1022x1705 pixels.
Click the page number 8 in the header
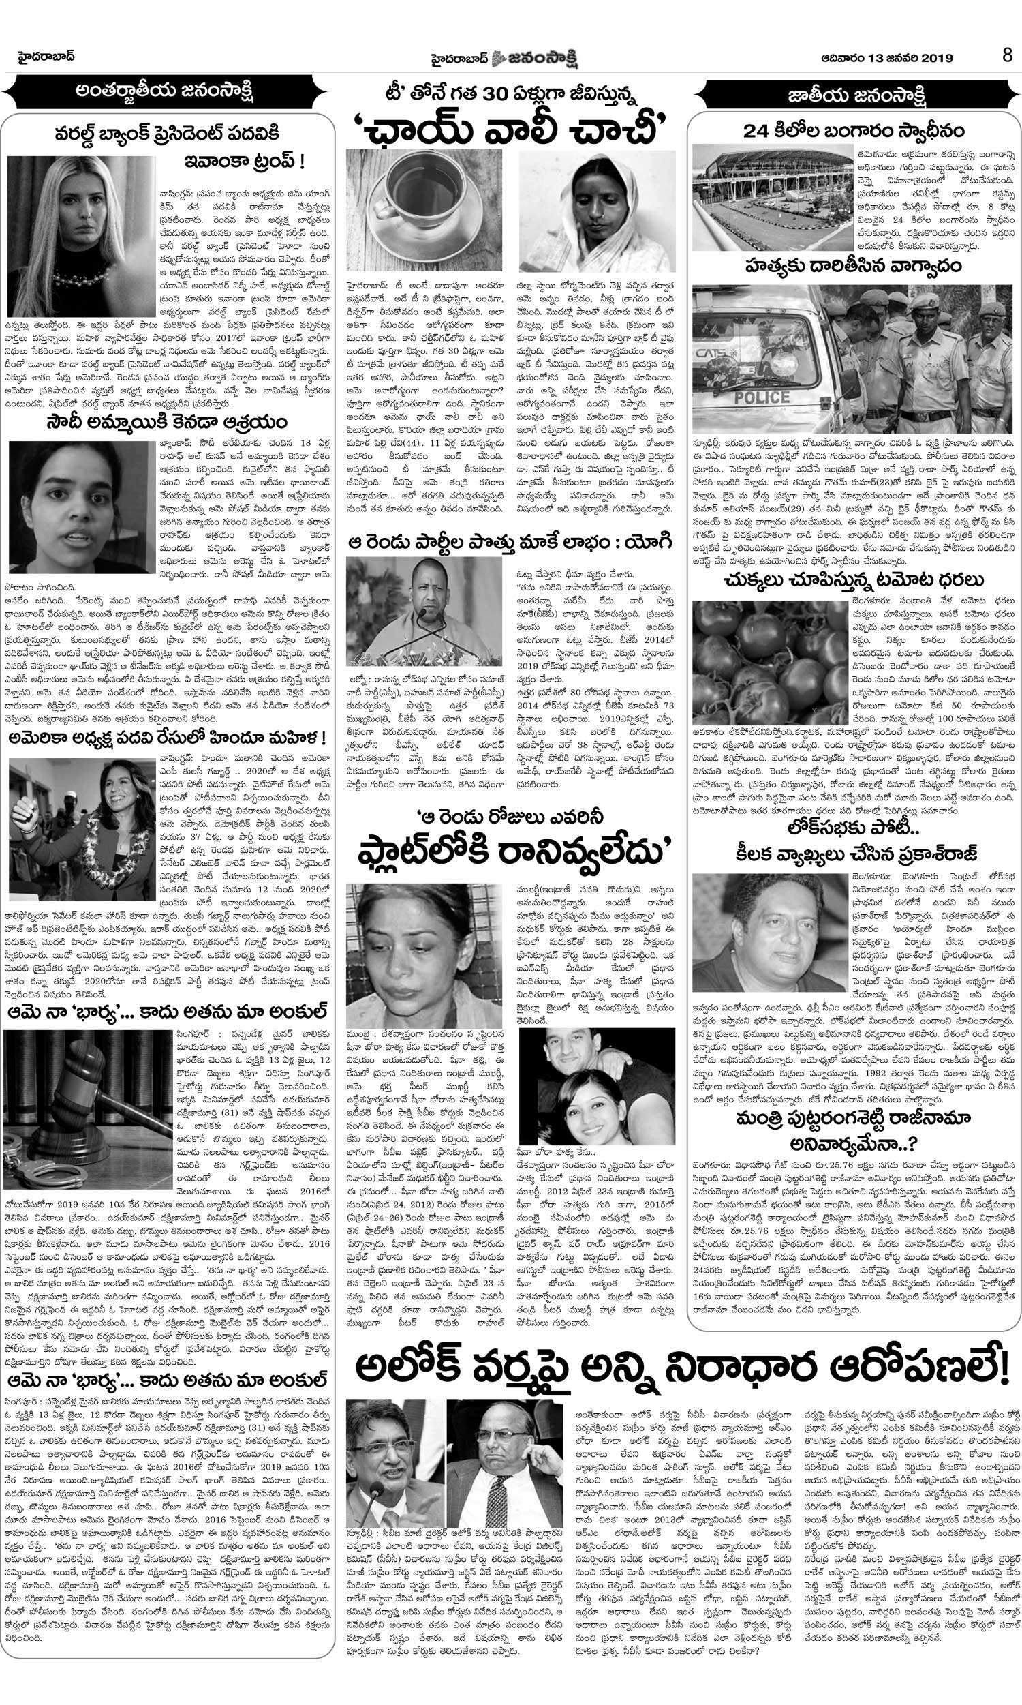[1007, 56]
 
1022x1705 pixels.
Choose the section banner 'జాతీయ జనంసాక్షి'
[853, 92]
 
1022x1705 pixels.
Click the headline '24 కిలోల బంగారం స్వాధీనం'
[853, 130]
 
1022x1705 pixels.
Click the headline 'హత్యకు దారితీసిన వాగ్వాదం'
[853, 264]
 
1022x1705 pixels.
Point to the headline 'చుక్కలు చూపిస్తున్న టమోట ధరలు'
[853, 579]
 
